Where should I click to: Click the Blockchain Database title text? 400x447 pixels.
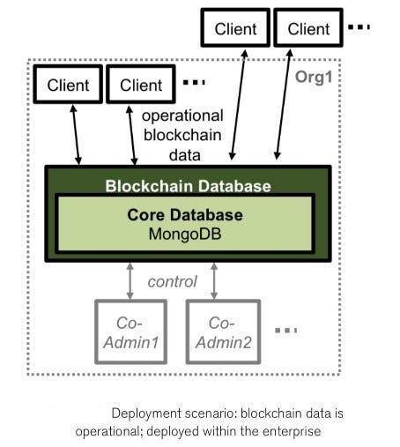pos(188,186)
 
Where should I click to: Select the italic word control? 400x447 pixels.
pos(172,282)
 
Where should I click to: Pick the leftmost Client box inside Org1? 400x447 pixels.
pos(68,86)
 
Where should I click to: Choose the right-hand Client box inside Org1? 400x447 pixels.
pos(141,86)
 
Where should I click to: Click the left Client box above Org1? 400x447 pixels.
pos(236,29)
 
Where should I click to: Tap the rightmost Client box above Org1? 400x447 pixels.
pos(308,29)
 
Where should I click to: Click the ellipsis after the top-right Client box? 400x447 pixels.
pos(360,27)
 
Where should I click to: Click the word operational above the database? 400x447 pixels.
pos(182,115)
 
